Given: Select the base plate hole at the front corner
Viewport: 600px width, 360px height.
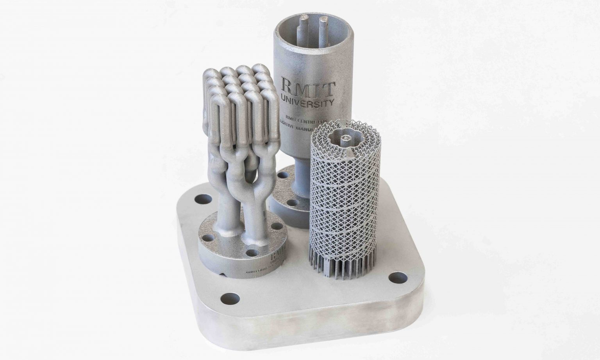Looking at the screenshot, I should pyautogui.click(x=230, y=299).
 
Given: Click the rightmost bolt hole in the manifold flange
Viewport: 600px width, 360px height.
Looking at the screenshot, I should pyautogui.click(x=276, y=226).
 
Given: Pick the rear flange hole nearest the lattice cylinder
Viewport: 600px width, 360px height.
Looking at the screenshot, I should pyautogui.click(x=291, y=203).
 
